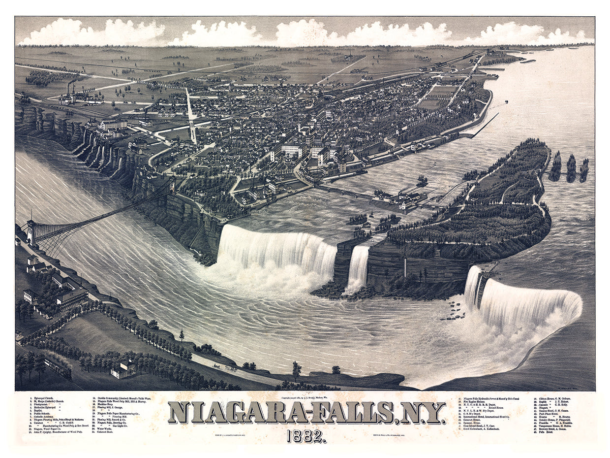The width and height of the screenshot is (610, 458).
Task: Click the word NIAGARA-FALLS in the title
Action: pyautogui.click(x=280, y=413)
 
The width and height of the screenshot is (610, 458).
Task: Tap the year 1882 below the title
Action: pyautogui.click(x=306, y=436)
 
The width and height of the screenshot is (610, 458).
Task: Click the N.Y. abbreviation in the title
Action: pyautogui.click(x=421, y=413)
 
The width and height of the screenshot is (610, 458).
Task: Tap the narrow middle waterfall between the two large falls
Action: pyautogui.click(x=358, y=268)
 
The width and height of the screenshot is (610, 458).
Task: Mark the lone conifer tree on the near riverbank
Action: pyautogui.click(x=182, y=335)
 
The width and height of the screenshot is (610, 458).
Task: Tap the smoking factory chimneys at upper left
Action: pyautogui.click(x=69, y=91)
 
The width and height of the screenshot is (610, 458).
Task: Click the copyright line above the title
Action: pyautogui.click(x=305, y=397)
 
